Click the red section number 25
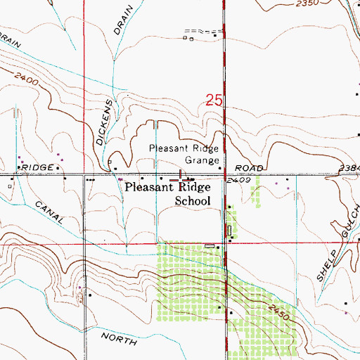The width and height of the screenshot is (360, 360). coord(214,101)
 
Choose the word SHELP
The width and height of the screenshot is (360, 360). coord(326,263)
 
